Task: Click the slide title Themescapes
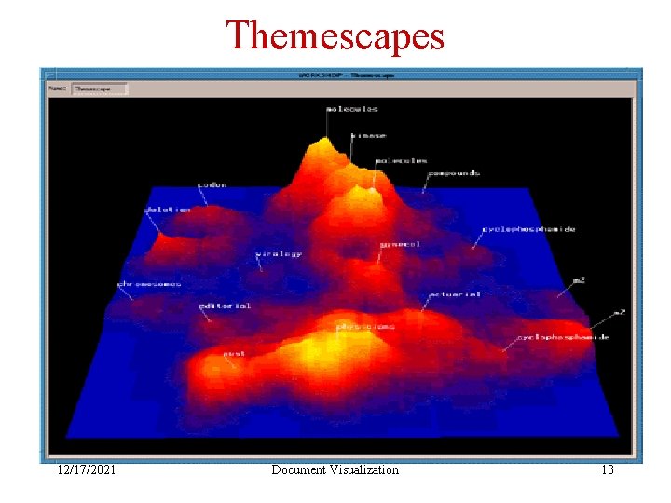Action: pos(335,35)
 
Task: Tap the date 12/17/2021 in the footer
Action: pos(86,470)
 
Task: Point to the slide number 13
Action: pos(607,470)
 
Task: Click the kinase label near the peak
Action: pos(368,136)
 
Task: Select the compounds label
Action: pos(454,173)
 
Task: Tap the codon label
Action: pos(212,184)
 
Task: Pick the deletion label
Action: pos(168,210)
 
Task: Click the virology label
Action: pos(279,254)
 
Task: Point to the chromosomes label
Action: pos(149,283)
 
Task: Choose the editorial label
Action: pos(225,305)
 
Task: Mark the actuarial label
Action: pos(454,294)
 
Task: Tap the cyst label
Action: pos(233,354)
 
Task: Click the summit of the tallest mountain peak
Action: pos(323,142)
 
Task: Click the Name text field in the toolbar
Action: pos(100,89)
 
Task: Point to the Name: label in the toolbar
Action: pos(59,89)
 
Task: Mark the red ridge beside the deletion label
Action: pos(166,240)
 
